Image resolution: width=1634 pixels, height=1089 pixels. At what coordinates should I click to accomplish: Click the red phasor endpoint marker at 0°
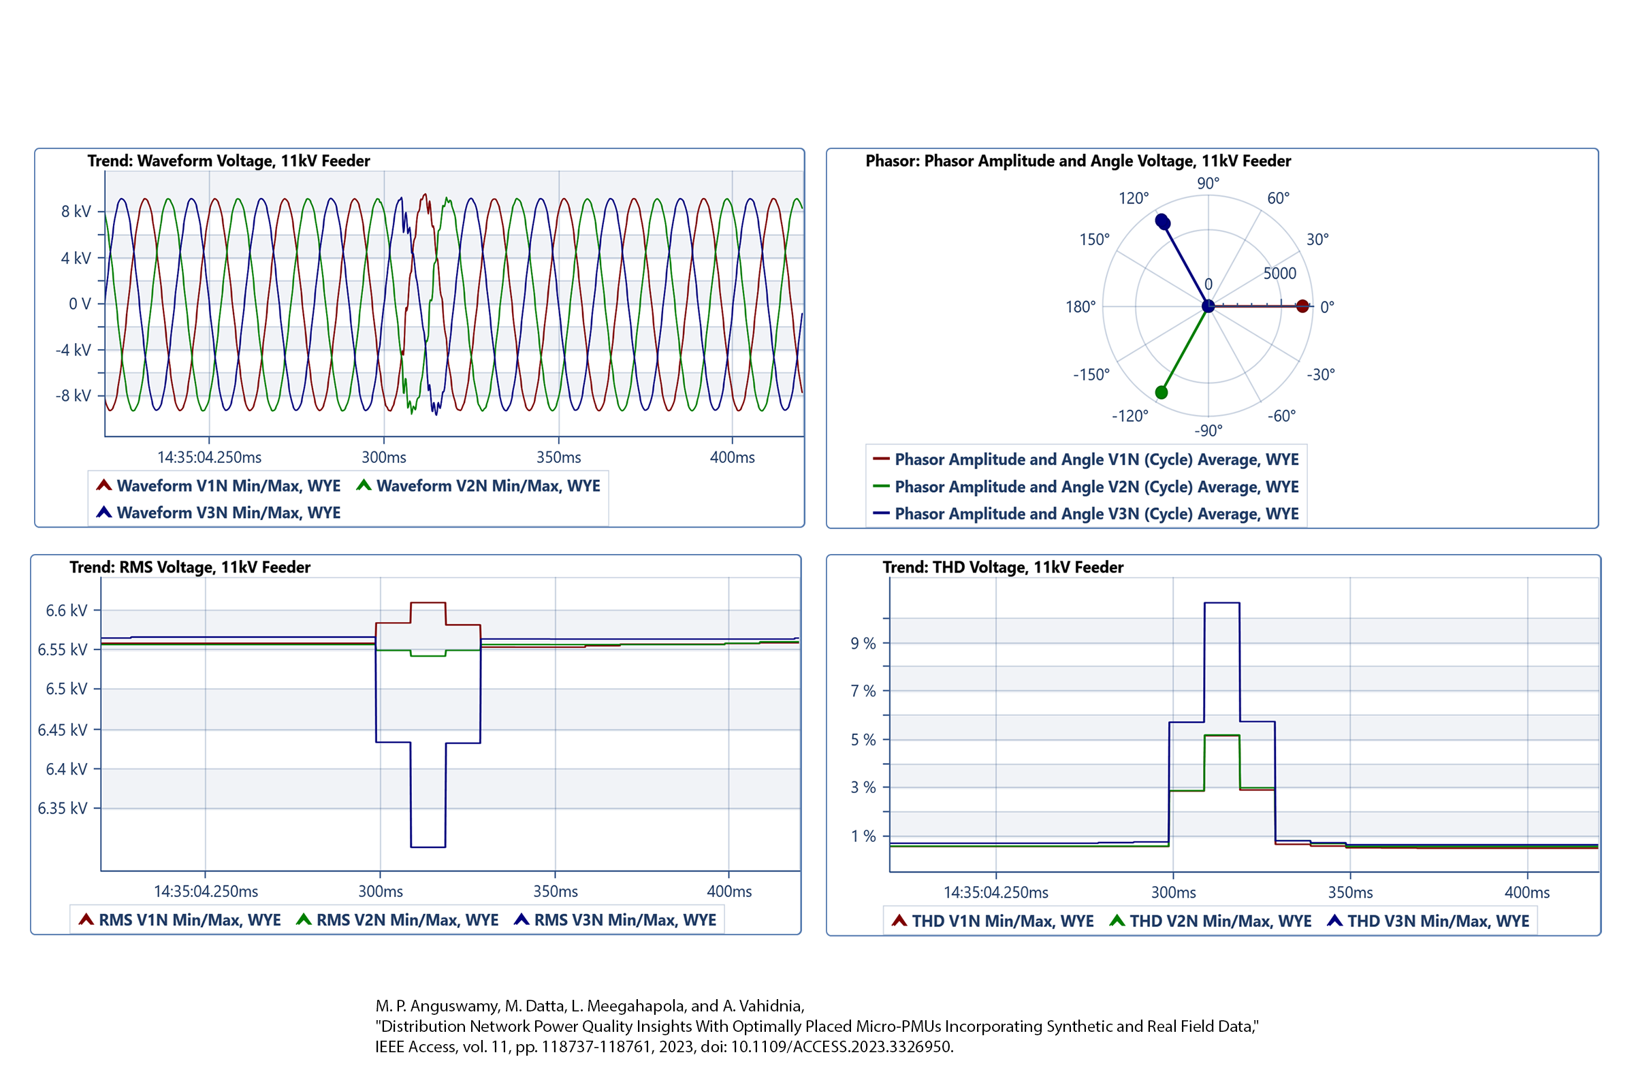[x=1302, y=306]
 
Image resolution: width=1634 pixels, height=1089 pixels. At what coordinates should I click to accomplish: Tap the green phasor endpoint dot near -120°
[x=1162, y=393]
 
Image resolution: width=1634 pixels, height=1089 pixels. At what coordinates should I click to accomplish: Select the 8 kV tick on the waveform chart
[x=76, y=211]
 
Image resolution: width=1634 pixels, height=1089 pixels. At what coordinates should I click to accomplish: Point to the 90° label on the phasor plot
[x=1208, y=183]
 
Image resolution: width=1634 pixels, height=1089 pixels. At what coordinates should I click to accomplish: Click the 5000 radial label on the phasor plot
[x=1280, y=274]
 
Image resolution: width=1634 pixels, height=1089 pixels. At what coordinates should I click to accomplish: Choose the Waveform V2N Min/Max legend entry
[x=487, y=486]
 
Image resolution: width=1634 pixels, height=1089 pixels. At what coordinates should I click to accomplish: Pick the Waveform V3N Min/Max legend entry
[x=228, y=513]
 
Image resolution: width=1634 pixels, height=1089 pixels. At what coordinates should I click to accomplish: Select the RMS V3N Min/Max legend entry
[x=624, y=920]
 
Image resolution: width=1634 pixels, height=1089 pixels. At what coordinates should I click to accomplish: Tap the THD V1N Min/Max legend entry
[x=1002, y=922]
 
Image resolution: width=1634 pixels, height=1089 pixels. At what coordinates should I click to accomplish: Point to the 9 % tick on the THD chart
[x=863, y=644]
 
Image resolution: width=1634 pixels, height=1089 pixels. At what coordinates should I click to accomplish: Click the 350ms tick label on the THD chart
[x=1350, y=893]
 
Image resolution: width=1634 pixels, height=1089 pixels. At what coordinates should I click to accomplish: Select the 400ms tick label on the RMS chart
[x=729, y=892]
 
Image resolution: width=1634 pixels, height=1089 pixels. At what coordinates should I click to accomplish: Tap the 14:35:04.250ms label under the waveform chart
[x=209, y=457]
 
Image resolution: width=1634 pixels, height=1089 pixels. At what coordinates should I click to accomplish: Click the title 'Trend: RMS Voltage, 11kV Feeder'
[x=190, y=568]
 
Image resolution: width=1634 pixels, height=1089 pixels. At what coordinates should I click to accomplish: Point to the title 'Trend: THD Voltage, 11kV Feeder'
[x=1002, y=568]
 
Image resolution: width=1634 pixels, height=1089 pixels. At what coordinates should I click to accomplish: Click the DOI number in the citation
[x=842, y=1047]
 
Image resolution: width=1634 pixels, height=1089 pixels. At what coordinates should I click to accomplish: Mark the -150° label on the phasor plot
[x=1091, y=375]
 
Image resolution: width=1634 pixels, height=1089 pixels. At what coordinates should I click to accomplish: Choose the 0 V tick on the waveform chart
[x=80, y=304]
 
